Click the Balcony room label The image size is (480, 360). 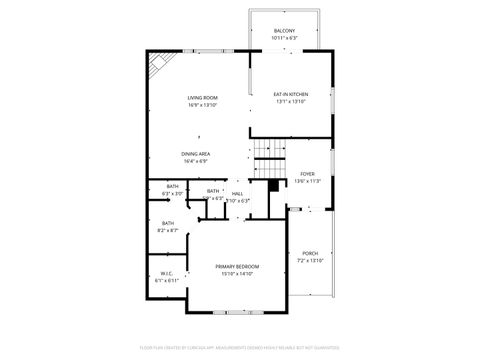(284, 31)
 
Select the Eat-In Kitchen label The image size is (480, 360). (290, 94)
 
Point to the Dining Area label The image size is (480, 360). (195, 153)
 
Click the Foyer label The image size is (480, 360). (308, 174)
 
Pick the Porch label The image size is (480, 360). (310, 253)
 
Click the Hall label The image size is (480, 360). (238, 193)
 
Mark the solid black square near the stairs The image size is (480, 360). (272, 185)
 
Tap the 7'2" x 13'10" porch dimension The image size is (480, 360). (310, 261)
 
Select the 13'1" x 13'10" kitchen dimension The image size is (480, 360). (290, 102)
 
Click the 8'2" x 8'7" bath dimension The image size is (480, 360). (167, 230)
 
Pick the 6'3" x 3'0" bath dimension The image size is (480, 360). (172, 193)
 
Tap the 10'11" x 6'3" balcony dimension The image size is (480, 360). (284, 39)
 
